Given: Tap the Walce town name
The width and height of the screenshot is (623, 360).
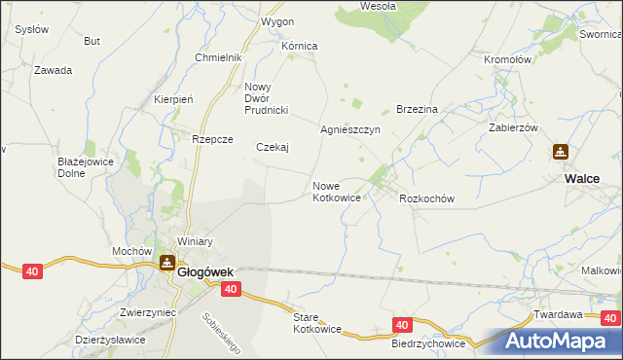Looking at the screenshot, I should click(x=581, y=178).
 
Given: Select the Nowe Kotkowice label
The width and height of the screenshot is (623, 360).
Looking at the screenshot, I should click(x=337, y=192).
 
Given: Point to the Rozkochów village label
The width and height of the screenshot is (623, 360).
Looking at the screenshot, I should click(x=427, y=198).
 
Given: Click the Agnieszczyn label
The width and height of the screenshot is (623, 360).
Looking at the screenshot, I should click(x=350, y=129).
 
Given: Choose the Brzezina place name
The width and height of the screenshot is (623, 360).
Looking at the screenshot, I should click(x=418, y=109).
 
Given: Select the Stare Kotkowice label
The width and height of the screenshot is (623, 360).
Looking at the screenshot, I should click(x=317, y=323).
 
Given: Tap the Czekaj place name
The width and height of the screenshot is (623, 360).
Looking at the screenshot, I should click(x=273, y=148).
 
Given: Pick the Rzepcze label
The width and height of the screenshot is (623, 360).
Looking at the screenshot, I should click(x=212, y=139).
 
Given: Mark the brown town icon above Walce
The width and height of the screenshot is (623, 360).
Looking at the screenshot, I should click(x=561, y=153).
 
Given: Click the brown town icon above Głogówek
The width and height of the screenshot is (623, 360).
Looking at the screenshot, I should click(x=166, y=264).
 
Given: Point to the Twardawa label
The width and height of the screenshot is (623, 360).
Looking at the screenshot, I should click(x=558, y=315).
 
